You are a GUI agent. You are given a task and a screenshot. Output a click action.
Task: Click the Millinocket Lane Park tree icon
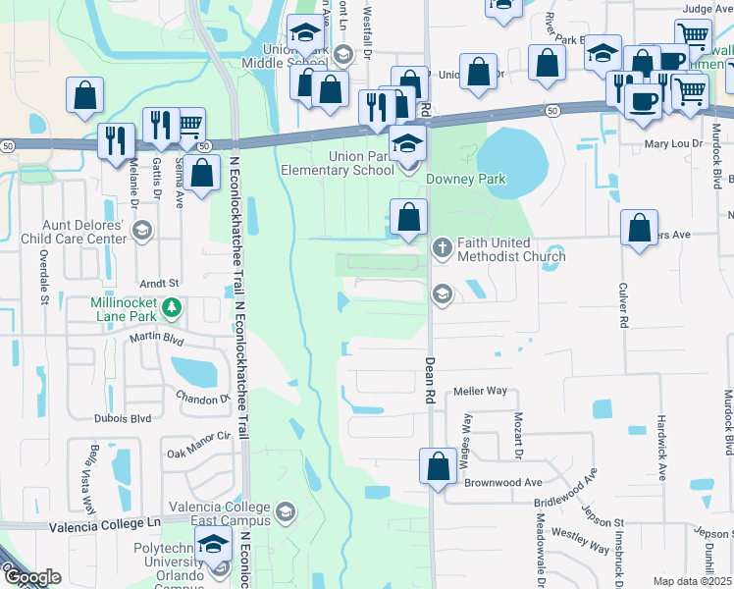(x=172, y=308)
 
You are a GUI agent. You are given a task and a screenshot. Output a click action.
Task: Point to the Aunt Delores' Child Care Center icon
(x=141, y=232)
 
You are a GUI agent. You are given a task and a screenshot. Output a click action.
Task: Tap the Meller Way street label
(x=479, y=391)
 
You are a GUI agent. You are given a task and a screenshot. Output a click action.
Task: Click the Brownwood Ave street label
(x=503, y=483)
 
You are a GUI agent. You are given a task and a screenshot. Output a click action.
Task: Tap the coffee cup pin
(x=644, y=100)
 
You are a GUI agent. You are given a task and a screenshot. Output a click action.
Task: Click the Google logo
(x=33, y=577)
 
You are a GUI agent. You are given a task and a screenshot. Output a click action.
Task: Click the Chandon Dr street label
(x=202, y=399)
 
